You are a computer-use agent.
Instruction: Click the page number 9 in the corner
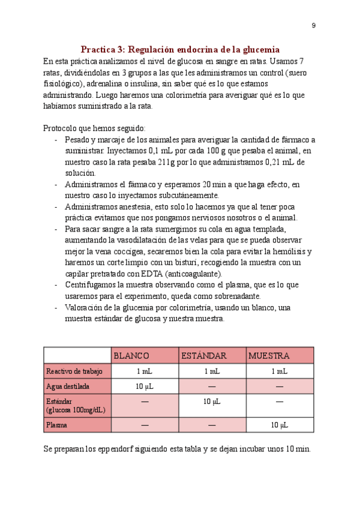click(313, 25)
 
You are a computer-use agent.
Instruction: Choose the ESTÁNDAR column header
click(203, 355)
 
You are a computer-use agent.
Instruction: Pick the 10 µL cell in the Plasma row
click(280, 425)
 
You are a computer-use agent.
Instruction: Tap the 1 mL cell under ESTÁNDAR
click(212, 372)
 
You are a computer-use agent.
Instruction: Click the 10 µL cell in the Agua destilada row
click(145, 387)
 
